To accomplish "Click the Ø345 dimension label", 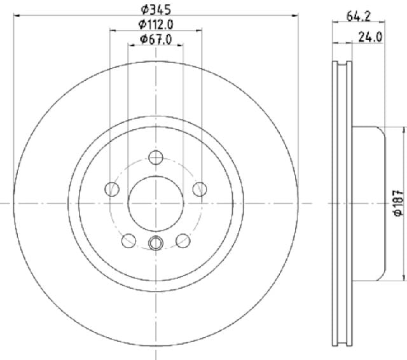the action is click(156, 10).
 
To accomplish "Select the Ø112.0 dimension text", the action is click(156, 25).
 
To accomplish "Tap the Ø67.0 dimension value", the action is click(156, 39).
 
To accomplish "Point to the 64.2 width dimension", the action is click(359, 17).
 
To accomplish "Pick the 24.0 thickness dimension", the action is click(370, 37).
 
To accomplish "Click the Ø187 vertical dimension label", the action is click(399, 204).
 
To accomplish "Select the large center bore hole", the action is click(155, 204).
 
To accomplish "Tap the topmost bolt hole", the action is click(156, 157).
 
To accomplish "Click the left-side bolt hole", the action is click(112, 189).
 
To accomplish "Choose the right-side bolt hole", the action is click(200, 189).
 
